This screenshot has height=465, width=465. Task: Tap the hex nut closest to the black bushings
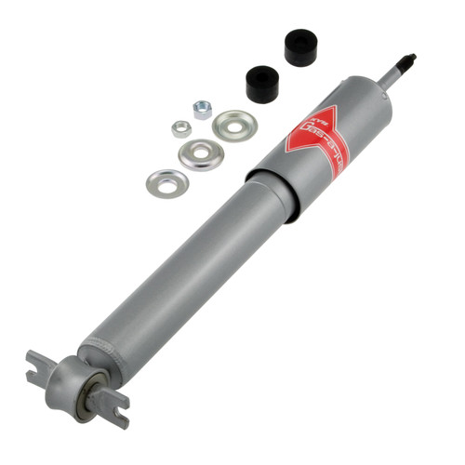(202, 110)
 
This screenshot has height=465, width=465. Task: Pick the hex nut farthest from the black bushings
(180, 128)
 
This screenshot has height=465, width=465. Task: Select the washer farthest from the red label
(166, 181)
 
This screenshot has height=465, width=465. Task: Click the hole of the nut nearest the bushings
(202, 109)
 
